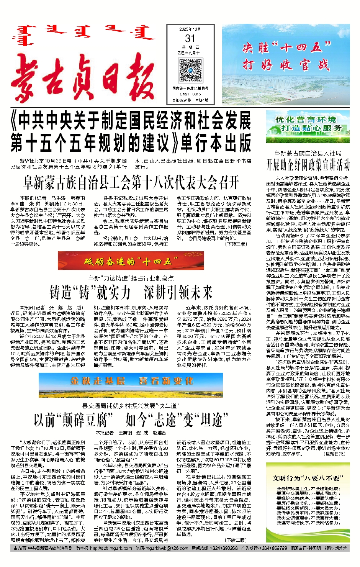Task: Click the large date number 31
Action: tap(190, 38)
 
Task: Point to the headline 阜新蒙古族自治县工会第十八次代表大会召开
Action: tap(131, 182)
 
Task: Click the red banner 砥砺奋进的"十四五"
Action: tap(131, 261)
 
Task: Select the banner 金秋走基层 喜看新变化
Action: tap(131, 381)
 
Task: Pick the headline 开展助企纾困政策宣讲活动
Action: tap(308, 165)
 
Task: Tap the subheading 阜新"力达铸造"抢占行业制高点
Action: tap(131, 278)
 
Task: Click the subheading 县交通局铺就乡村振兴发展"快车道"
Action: tap(131, 405)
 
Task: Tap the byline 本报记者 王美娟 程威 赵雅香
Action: tap(131, 433)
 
